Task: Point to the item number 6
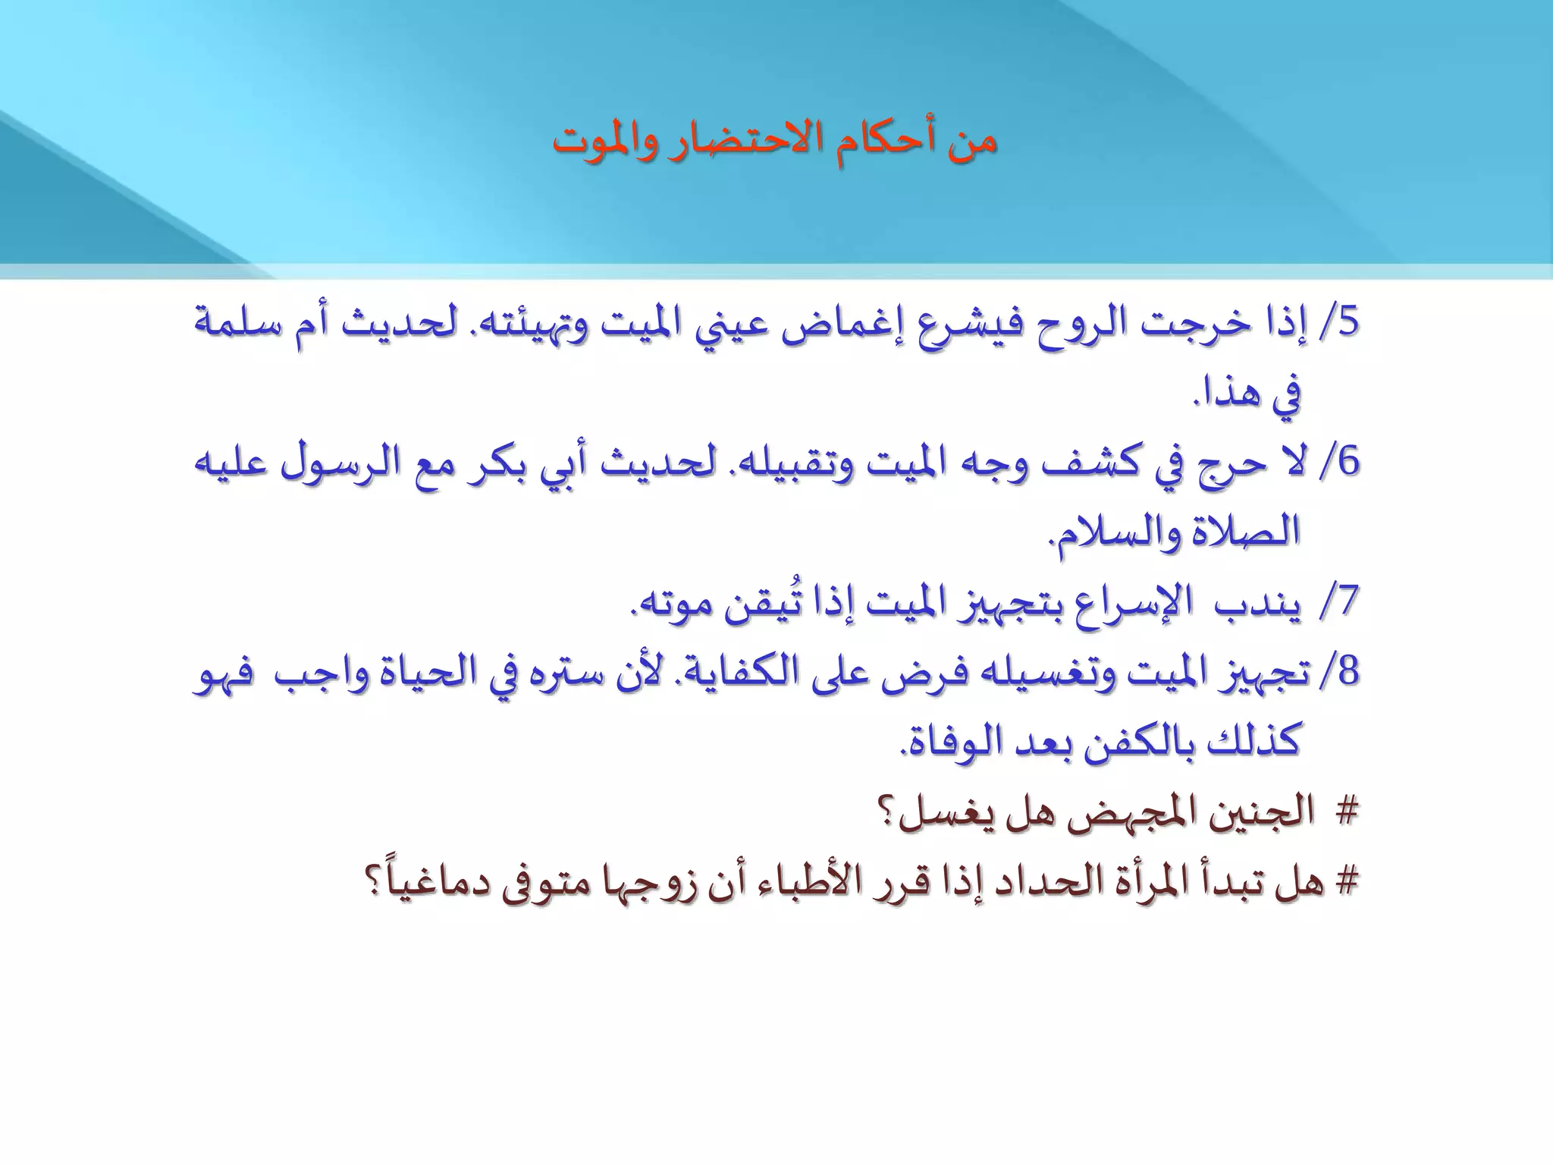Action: pos(1350,462)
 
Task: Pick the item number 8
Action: pos(1350,672)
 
